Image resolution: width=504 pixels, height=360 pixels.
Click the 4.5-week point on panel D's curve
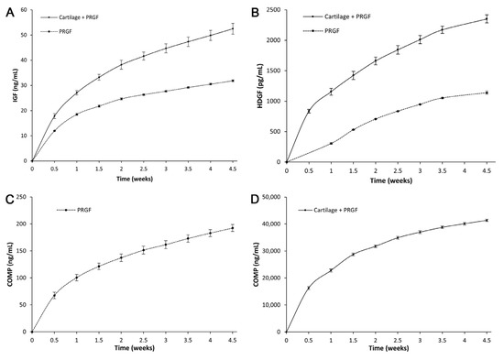pyautogui.click(x=487, y=220)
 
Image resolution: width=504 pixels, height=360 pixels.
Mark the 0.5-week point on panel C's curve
pyautogui.click(x=54, y=295)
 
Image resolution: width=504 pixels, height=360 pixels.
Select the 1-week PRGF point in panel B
pyautogui.click(x=331, y=143)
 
